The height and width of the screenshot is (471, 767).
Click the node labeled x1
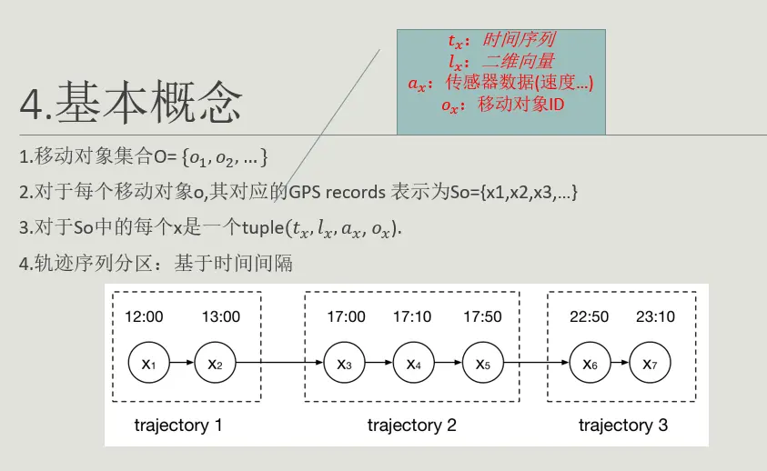coord(149,364)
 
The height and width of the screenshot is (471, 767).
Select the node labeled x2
coord(216,364)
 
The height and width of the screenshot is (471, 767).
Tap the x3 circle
coord(345,364)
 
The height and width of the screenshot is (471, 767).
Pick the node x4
coord(414,364)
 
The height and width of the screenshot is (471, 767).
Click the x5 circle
coord(483,364)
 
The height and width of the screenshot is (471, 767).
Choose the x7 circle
coord(650,364)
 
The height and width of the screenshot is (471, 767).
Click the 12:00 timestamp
coord(146,316)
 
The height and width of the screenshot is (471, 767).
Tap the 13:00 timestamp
coord(220,316)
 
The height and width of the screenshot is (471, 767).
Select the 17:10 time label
coord(413,316)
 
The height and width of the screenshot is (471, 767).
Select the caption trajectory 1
coord(178,425)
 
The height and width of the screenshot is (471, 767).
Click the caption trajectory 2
coord(411,425)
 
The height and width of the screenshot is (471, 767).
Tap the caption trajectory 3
coord(622,425)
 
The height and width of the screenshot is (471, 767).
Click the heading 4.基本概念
coord(132,105)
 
